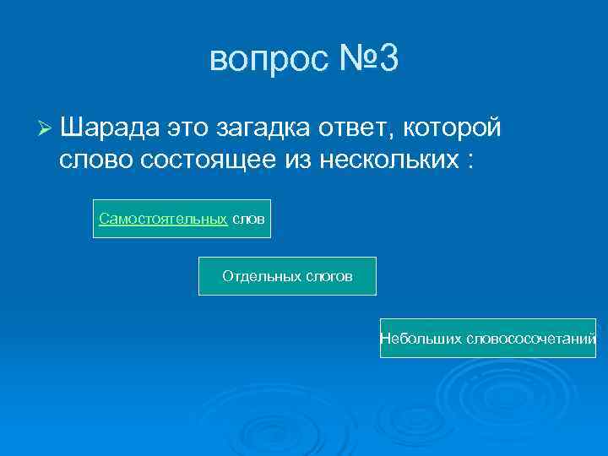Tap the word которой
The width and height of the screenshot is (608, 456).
pyautogui.click(x=453, y=128)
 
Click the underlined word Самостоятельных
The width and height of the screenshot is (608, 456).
pyautogui.click(x=163, y=219)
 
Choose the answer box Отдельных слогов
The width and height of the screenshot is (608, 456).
pyautogui.click(x=287, y=276)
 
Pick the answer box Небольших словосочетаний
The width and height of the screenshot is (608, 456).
pyautogui.click(x=488, y=339)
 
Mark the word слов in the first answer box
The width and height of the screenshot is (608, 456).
pyautogui.click(x=248, y=219)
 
